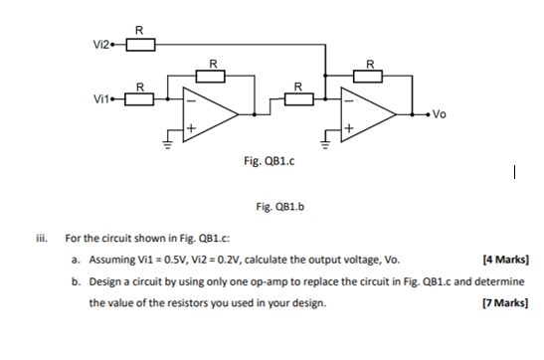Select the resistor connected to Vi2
[140, 44]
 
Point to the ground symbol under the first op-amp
[167, 145]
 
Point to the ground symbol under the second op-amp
[326, 145]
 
